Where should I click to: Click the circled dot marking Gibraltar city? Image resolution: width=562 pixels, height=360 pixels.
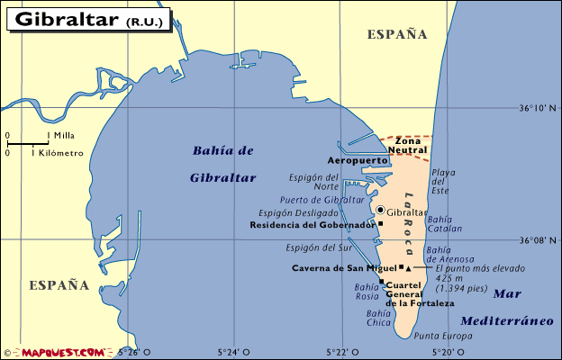(x=380, y=210)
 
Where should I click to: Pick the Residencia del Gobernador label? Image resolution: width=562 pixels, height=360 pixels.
(x=312, y=224)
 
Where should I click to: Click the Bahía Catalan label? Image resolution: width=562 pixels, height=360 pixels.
(x=440, y=224)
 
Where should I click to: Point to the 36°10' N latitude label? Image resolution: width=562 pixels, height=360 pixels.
(x=539, y=109)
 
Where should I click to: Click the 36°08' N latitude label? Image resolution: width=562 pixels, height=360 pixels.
(x=539, y=240)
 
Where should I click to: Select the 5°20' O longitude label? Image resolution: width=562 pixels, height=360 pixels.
(x=449, y=351)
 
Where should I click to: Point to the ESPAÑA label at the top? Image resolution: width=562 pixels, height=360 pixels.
(x=396, y=34)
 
